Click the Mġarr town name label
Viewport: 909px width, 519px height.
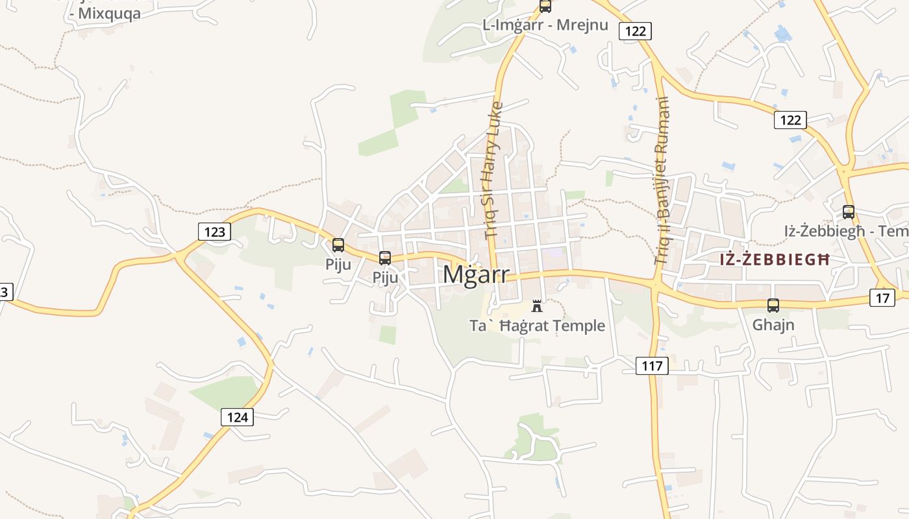tap(476, 274)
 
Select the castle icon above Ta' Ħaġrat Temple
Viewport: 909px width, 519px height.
tap(537, 306)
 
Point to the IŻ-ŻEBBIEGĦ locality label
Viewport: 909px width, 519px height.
tap(774, 259)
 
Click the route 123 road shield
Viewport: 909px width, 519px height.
tap(214, 232)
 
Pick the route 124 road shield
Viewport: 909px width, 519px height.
tap(237, 417)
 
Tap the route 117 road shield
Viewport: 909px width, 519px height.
tap(652, 366)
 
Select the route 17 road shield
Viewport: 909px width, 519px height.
tap(882, 298)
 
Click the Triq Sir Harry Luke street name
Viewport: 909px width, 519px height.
tap(493, 170)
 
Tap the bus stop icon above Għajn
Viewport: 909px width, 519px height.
tap(773, 306)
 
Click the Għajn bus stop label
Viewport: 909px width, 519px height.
tap(773, 324)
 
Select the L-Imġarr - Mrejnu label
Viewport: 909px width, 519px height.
tap(545, 25)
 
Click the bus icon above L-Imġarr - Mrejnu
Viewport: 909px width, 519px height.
tap(545, 6)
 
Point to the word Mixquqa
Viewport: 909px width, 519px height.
tap(109, 14)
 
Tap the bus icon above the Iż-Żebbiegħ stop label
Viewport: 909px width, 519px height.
tap(848, 211)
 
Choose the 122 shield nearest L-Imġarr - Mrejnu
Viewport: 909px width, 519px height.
tap(634, 30)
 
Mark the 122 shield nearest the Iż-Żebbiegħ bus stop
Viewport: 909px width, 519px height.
tap(790, 120)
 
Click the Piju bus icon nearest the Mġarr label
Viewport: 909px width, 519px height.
tap(385, 258)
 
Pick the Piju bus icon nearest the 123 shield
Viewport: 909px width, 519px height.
tap(338, 245)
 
